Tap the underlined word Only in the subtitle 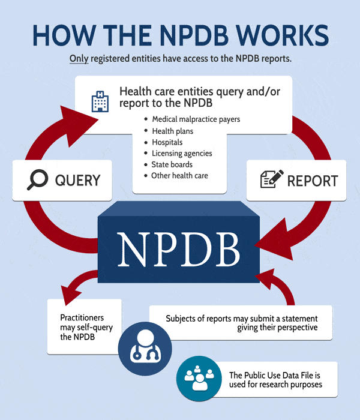[79, 59]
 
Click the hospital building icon [100, 101]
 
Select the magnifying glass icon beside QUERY [37, 179]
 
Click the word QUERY [77, 180]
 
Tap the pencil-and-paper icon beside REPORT [272, 179]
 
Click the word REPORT [313, 181]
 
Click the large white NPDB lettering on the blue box [179, 249]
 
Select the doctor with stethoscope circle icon [145, 349]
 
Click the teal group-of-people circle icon [199, 378]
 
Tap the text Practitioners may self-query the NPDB [86, 327]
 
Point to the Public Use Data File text [275, 380]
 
